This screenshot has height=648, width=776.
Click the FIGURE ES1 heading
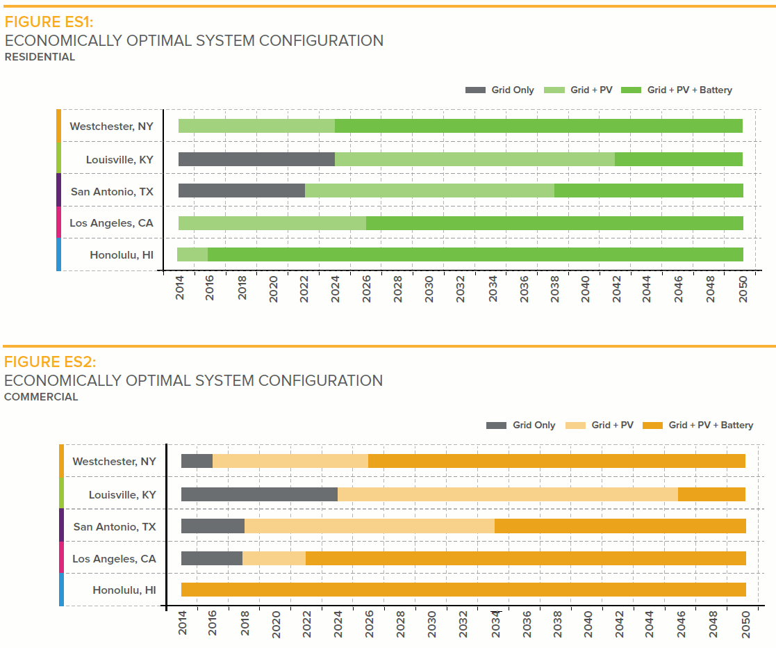[49, 22]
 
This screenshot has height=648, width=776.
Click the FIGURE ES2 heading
[50, 362]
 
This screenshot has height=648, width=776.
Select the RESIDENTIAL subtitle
[40, 57]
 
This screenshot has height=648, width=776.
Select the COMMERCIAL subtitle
[41, 397]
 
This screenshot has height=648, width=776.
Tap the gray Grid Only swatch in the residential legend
[475, 90]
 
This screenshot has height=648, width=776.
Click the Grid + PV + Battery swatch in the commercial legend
[653, 425]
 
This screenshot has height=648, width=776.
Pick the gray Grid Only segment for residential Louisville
[256, 159]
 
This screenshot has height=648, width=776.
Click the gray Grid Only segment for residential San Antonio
[241, 191]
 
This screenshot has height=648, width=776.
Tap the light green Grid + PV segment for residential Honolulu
[192, 254]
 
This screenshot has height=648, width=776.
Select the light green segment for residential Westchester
[256, 126]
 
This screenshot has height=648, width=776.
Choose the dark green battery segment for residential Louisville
[678, 159]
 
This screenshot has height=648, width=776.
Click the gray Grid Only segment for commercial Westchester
[197, 461]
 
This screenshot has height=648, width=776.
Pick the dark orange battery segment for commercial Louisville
[711, 494]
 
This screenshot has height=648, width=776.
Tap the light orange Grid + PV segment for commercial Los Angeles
[274, 558]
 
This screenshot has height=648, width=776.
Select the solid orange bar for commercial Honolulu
[463, 590]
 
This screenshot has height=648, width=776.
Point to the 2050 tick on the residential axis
[743, 287]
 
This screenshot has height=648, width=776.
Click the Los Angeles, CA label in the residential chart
[111, 223]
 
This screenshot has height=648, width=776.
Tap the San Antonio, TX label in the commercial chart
[115, 526]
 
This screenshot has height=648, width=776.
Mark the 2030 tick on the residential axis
[429, 287]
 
